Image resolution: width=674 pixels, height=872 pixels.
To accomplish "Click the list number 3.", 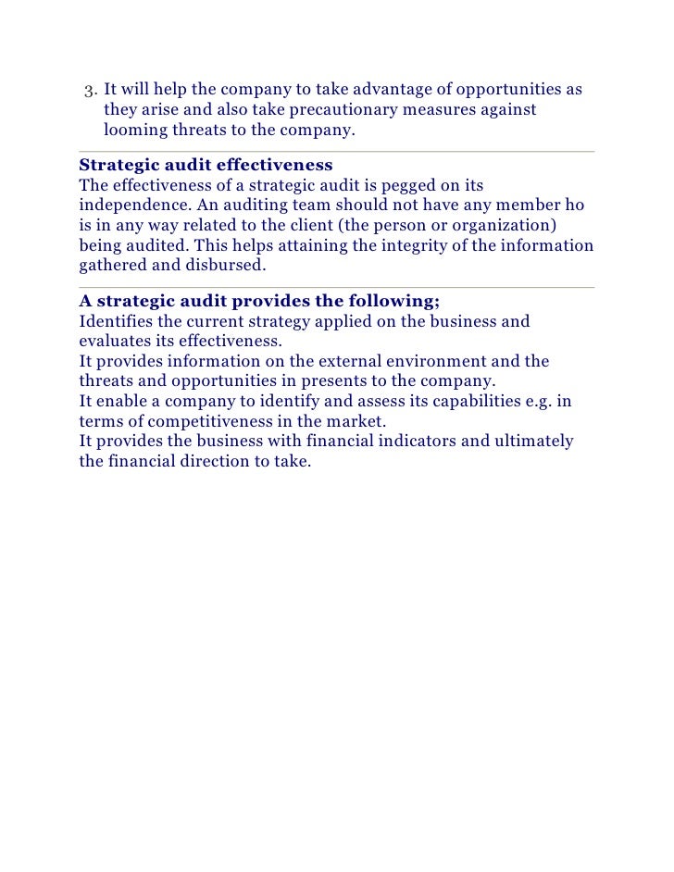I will click(x=90, y=91).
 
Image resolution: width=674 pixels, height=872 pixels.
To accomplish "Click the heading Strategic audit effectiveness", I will click(x=206, y=165).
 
